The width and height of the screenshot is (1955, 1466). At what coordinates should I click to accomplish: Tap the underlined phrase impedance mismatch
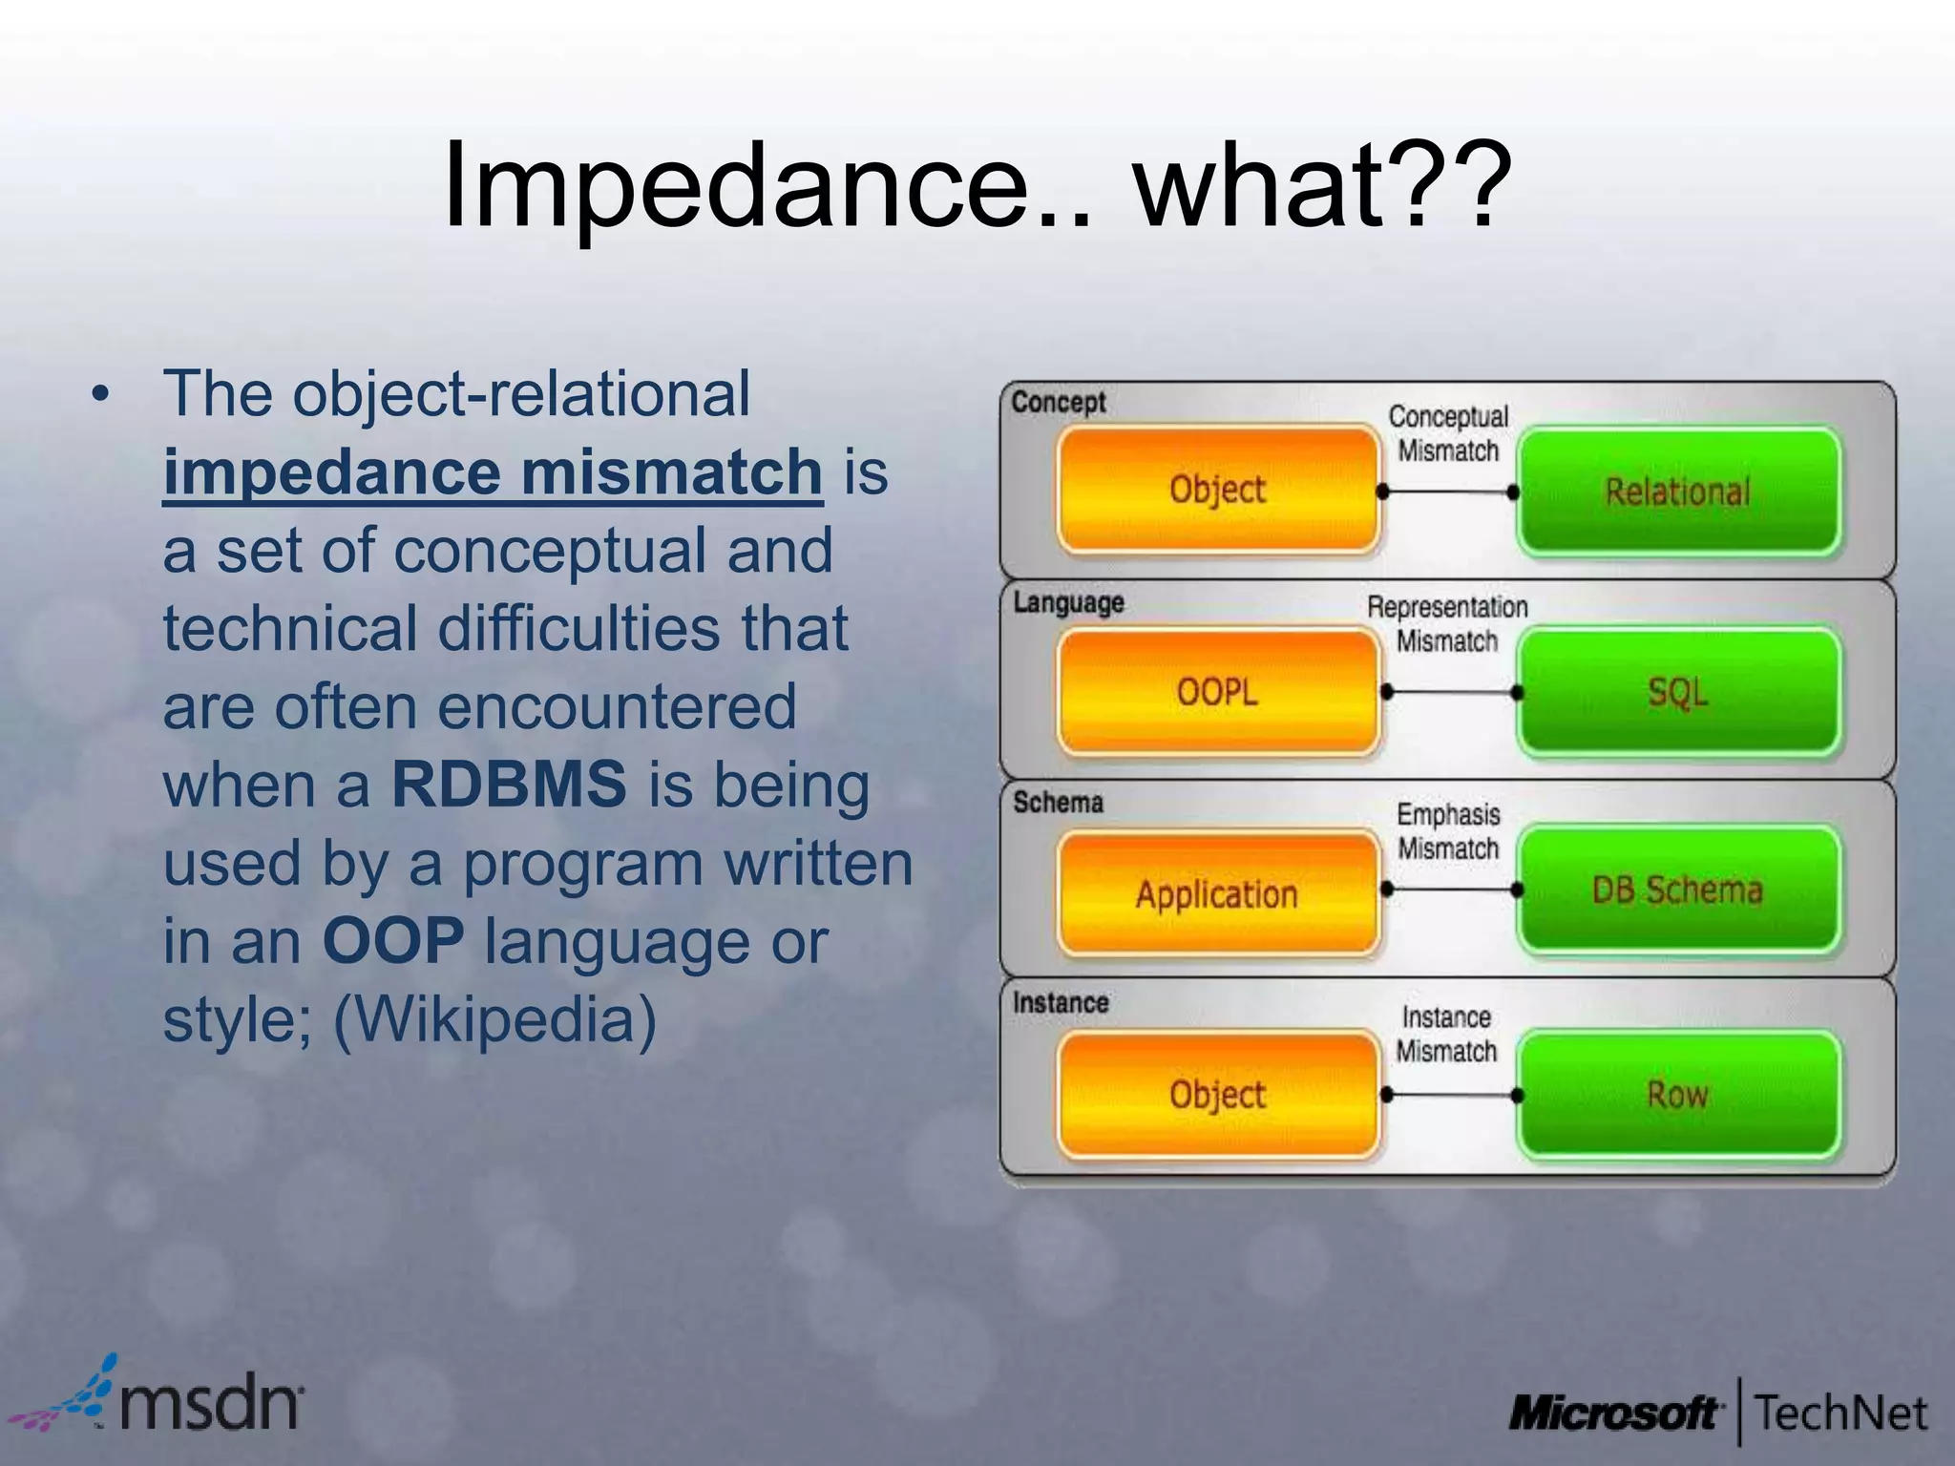coord(493,472)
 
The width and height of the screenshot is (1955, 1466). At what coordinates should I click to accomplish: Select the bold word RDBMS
coord(509,785)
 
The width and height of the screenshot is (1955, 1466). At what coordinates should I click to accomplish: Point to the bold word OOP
coord(393,941)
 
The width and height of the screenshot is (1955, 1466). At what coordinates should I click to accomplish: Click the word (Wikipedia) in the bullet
coord(494,1019)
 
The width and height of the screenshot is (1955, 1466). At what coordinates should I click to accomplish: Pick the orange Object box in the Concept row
coord(1217,490)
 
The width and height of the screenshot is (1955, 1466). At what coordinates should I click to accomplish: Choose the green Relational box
coord(1678,492)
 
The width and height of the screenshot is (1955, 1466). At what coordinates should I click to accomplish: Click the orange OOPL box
coord(1217,691)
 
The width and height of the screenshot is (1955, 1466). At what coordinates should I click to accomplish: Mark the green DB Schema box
coord(1678,890)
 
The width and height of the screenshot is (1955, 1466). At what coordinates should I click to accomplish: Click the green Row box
coord(1678,1095)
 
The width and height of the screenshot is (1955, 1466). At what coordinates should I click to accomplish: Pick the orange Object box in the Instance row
coord(1217,1095)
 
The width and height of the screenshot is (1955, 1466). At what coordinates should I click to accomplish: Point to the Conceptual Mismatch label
coord(1448,433)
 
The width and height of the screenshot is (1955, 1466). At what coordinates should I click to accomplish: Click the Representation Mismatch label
coord(1447,623)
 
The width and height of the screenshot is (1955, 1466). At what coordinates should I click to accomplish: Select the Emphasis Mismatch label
coord(1448,831)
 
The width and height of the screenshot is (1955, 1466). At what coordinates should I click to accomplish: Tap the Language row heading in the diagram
coord(1068,603)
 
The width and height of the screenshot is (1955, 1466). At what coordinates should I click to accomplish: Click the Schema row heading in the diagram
coord(1058,803)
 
